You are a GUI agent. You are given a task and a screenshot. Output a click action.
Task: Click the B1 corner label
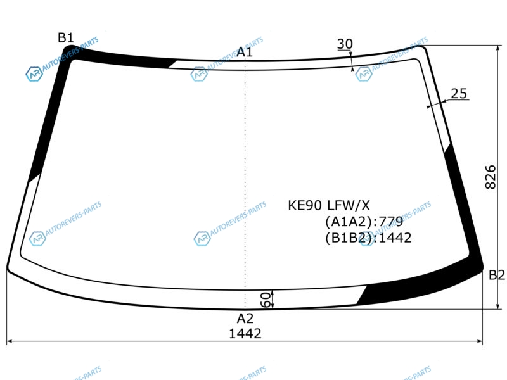(66, 38)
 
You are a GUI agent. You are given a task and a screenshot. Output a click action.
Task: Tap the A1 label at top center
(245, 52)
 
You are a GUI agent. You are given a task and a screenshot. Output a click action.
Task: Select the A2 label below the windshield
(245, 319)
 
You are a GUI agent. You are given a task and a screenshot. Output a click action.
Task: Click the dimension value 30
(345, 44)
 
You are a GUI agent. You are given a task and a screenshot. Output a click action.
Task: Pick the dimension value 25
(459, 93)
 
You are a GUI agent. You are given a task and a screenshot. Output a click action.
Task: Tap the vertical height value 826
(491, 177)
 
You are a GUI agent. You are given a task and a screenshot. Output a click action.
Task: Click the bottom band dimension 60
(265, 300)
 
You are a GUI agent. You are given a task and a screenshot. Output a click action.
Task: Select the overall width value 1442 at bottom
(245, 334)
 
